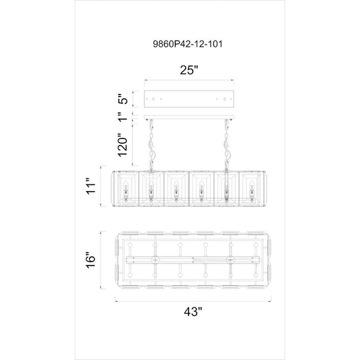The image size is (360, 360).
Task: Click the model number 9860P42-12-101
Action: point(188,44)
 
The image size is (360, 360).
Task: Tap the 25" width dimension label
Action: point(188,70)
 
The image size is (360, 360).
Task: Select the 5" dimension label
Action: point(123,99)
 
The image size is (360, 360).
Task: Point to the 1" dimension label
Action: point(123,117)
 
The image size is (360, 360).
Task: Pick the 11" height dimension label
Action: point(91,186)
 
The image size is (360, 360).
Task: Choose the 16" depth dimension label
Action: point(91,260)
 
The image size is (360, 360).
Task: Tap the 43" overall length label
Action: point(193,311)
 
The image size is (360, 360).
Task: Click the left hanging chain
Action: point(151,145)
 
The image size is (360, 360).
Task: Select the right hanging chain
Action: point(227,145)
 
